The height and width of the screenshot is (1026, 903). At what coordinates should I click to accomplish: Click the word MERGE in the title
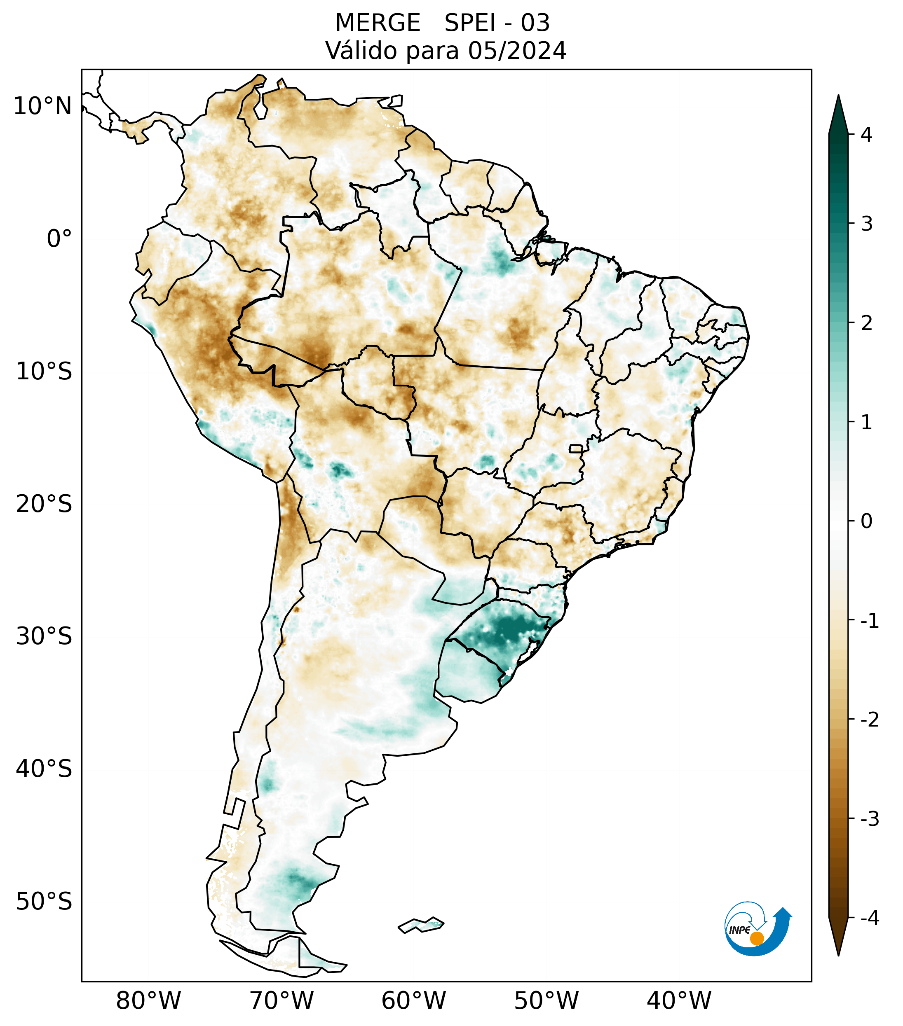pyautogui.click(x=377, y=23)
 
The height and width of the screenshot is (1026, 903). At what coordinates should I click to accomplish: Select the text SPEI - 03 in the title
pyautogui.click(x=497, y=23)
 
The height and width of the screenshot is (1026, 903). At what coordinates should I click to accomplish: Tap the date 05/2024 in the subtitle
pyautogui.click(x=517, y=51)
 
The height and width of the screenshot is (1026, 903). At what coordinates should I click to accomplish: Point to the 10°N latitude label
pyautogui.click(x=43, y=106)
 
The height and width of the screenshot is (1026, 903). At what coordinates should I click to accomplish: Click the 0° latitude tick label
pyautogui.click(x=59, y=239)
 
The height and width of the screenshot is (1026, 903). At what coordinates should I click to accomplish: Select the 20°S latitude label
pyautogui.click(x=44, y=504)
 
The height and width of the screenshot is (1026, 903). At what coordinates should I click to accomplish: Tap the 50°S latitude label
pyautogui.click(x=44, y=902)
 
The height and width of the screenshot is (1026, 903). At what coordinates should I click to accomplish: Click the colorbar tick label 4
pyautogui.click(x=866, y=135)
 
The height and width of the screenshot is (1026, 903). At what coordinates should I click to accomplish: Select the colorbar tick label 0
pyautogui.click(x=866, y=521)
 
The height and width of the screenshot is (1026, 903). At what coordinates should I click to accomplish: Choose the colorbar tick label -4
pyautogui.click(x=869, y=918)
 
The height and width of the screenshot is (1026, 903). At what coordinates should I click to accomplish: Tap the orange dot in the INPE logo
pyautogui.click(x=757, y=938)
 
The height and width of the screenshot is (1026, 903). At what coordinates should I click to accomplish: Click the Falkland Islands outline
pyautogui.click(x=421, y=924)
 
